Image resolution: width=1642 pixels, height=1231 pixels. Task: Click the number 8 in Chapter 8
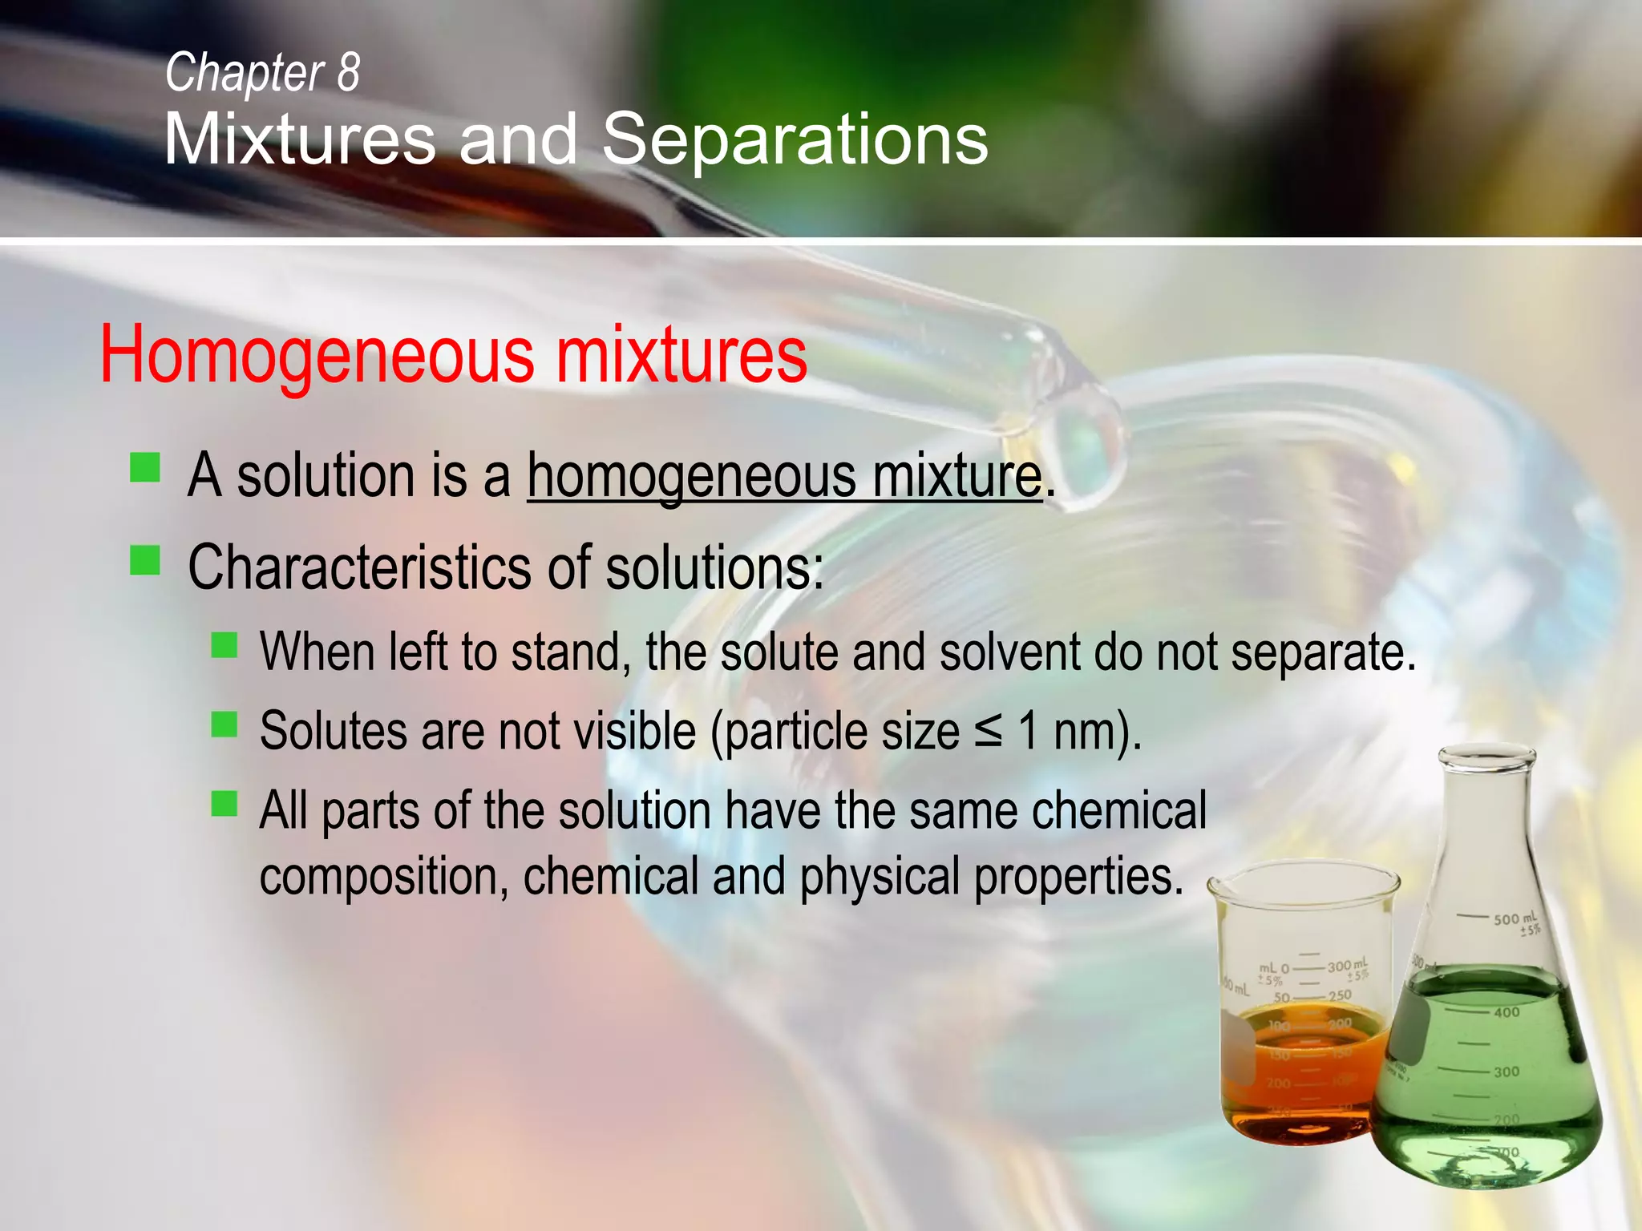point(348,72)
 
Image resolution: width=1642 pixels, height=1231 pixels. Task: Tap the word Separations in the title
point(795,139)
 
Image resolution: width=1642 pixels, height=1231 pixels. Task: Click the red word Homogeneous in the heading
point(317,355)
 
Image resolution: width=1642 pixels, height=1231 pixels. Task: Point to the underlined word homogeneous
point(691,476)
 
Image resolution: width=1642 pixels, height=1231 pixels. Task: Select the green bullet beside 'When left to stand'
point(224,645)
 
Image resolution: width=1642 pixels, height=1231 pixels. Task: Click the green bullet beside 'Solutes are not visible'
point(224,724)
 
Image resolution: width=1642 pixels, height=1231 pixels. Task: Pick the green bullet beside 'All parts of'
point(224,804)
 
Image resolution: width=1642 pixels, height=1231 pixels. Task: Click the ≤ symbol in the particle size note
point(989,731)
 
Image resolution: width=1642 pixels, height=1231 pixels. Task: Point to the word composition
point(383,877)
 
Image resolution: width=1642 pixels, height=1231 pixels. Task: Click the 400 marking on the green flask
point(1507,1012)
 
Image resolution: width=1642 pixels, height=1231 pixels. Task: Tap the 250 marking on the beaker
point(1340,996)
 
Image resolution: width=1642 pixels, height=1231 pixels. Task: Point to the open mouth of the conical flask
point(1486,755)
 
